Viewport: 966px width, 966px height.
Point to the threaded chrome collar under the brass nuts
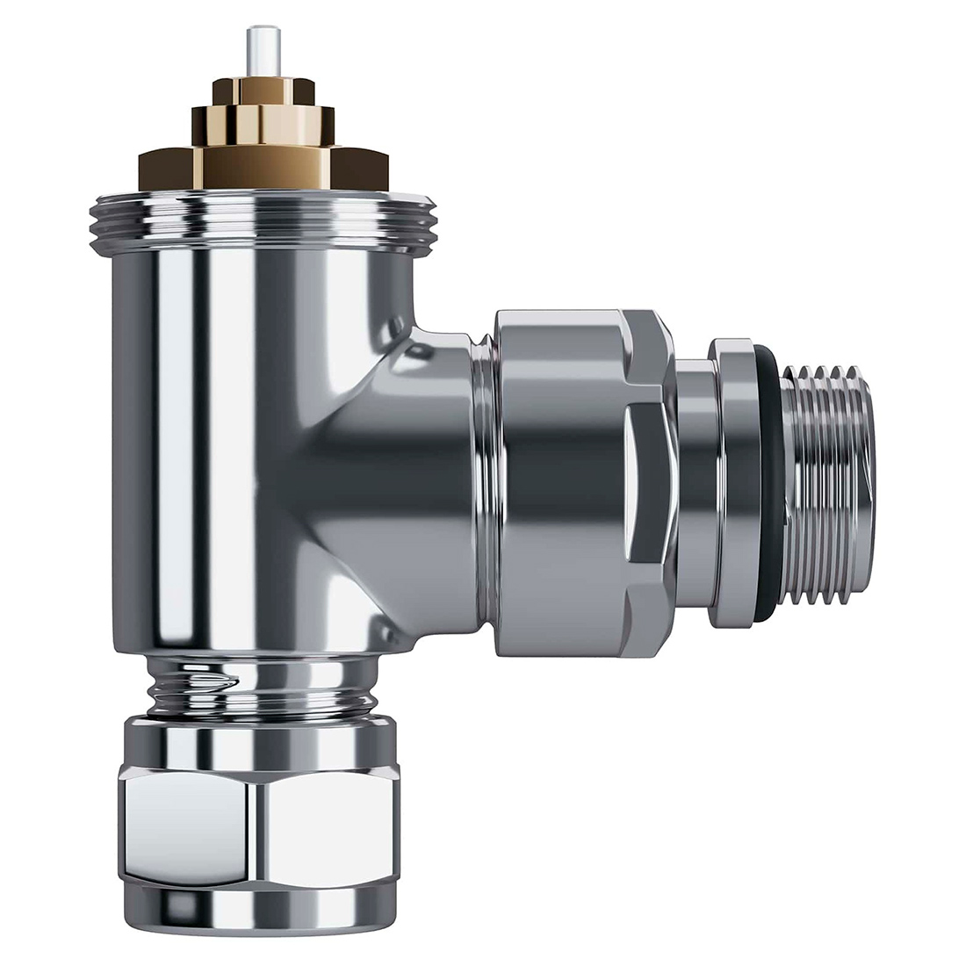[x=263, y=215]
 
